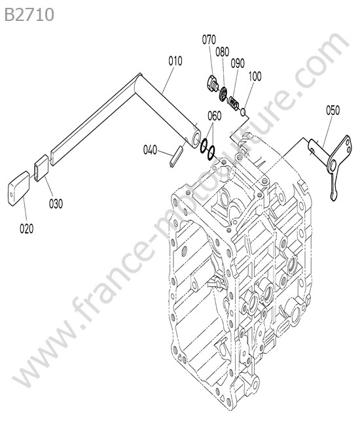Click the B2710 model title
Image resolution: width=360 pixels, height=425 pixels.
(29, 14)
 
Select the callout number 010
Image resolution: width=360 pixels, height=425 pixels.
(175, 61)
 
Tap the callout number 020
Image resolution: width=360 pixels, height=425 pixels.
(27, 228)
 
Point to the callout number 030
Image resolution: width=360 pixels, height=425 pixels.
(56, 203)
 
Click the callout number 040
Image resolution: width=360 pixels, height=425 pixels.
(150, 150)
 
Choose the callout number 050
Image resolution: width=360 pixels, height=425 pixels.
(333, 110)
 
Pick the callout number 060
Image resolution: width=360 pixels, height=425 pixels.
(215, 116)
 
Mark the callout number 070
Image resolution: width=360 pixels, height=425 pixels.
(209, 40)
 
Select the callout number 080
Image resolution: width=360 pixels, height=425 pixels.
(222, 52)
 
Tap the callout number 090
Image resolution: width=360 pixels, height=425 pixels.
(238, 63)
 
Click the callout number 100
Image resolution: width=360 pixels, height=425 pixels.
(255, 76)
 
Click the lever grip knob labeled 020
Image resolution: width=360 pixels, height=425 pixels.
(18, 188)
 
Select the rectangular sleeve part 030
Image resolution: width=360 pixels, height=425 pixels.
(41, 167)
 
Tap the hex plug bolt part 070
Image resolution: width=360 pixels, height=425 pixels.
(213, 84)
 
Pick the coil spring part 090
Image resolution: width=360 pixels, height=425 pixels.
(234, 103)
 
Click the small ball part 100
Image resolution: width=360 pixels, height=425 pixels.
(243, 111)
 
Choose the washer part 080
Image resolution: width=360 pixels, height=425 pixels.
(224, 93)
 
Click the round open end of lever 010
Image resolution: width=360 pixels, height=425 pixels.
(196, 139)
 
